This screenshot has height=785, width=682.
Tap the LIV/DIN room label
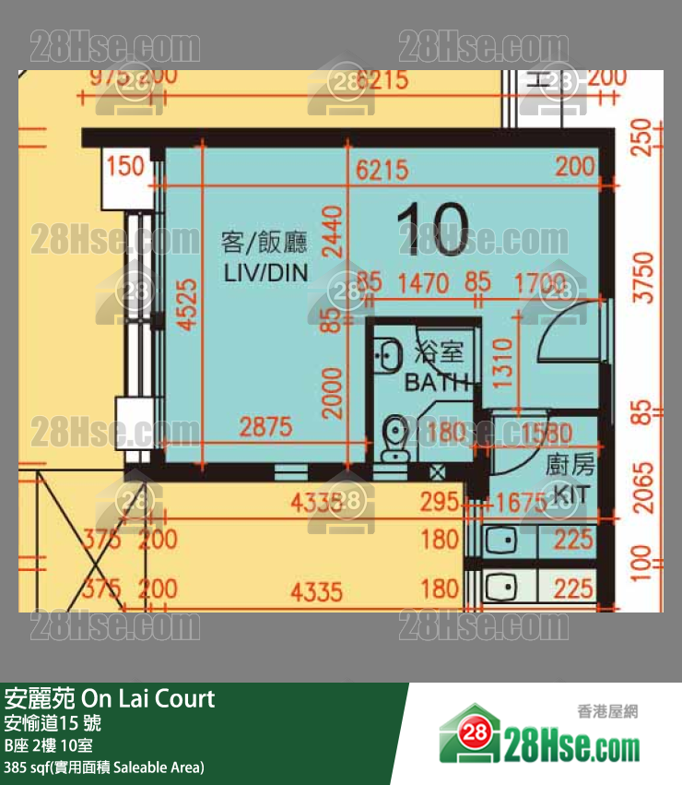point(264,273)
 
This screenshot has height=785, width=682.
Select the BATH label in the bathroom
point(438,382)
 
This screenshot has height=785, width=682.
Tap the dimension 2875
point(265,427)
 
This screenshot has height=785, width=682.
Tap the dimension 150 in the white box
point(125,167)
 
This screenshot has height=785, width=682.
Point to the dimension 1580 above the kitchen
point(546,433)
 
